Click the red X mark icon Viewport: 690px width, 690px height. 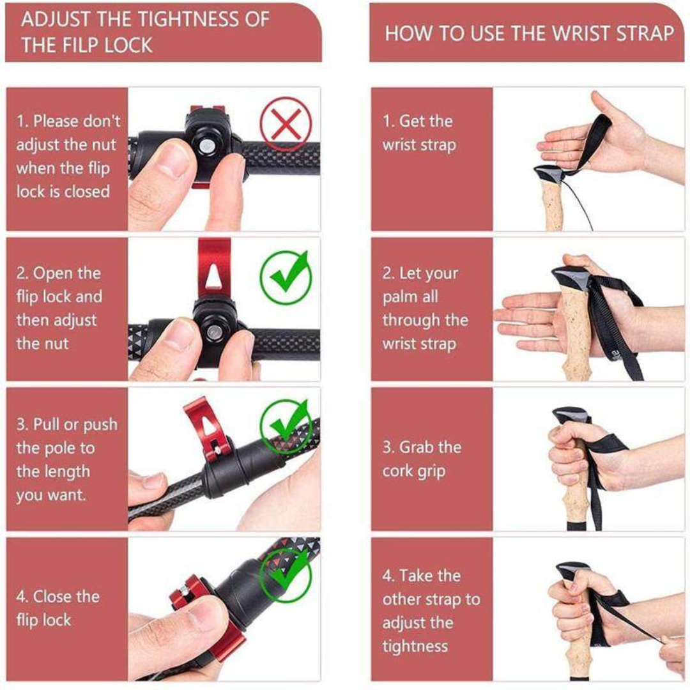pos(286,124)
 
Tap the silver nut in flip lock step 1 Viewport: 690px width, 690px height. pos(206,146)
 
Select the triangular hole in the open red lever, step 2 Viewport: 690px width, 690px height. pos(213,276)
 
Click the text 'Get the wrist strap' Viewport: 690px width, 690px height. pos(419,133)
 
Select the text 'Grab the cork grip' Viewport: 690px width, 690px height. pos(421,459)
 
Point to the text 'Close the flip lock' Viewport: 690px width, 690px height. pos(57,608)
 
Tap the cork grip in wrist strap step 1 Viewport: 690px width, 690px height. pos(555,204)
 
